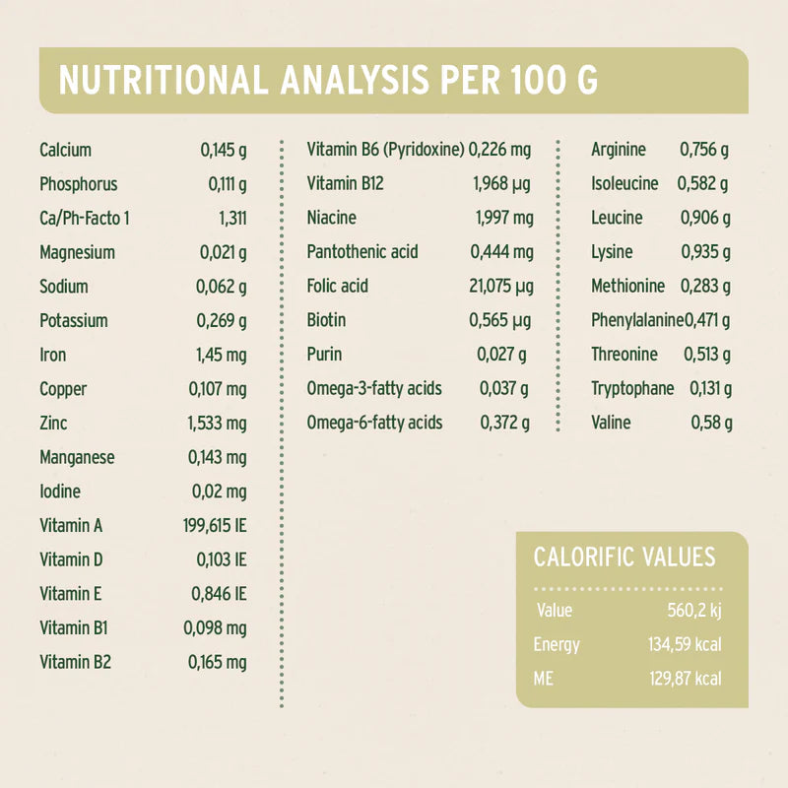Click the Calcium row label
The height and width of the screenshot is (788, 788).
66,150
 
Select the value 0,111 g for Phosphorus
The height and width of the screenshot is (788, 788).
227,184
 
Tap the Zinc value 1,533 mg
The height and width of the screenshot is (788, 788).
217,423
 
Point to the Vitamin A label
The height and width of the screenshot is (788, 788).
71,525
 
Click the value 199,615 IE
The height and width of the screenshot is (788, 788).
215,525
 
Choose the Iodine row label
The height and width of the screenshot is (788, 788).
60,491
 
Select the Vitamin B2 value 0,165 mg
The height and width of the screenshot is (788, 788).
217,662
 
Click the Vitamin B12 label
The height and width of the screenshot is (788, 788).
345,183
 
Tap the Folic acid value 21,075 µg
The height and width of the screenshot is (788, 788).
501,286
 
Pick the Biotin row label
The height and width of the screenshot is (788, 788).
326,320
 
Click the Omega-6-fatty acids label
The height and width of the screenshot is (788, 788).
374,423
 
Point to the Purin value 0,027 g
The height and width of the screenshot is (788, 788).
501,354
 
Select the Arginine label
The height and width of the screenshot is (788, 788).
619,150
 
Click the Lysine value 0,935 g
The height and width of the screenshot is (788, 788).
705,252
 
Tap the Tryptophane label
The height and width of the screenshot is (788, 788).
632,388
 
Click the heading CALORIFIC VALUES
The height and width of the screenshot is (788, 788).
624,557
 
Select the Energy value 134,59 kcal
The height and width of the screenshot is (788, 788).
680,645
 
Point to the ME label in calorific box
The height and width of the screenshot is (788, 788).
544,679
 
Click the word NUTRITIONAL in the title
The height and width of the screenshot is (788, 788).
163,81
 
